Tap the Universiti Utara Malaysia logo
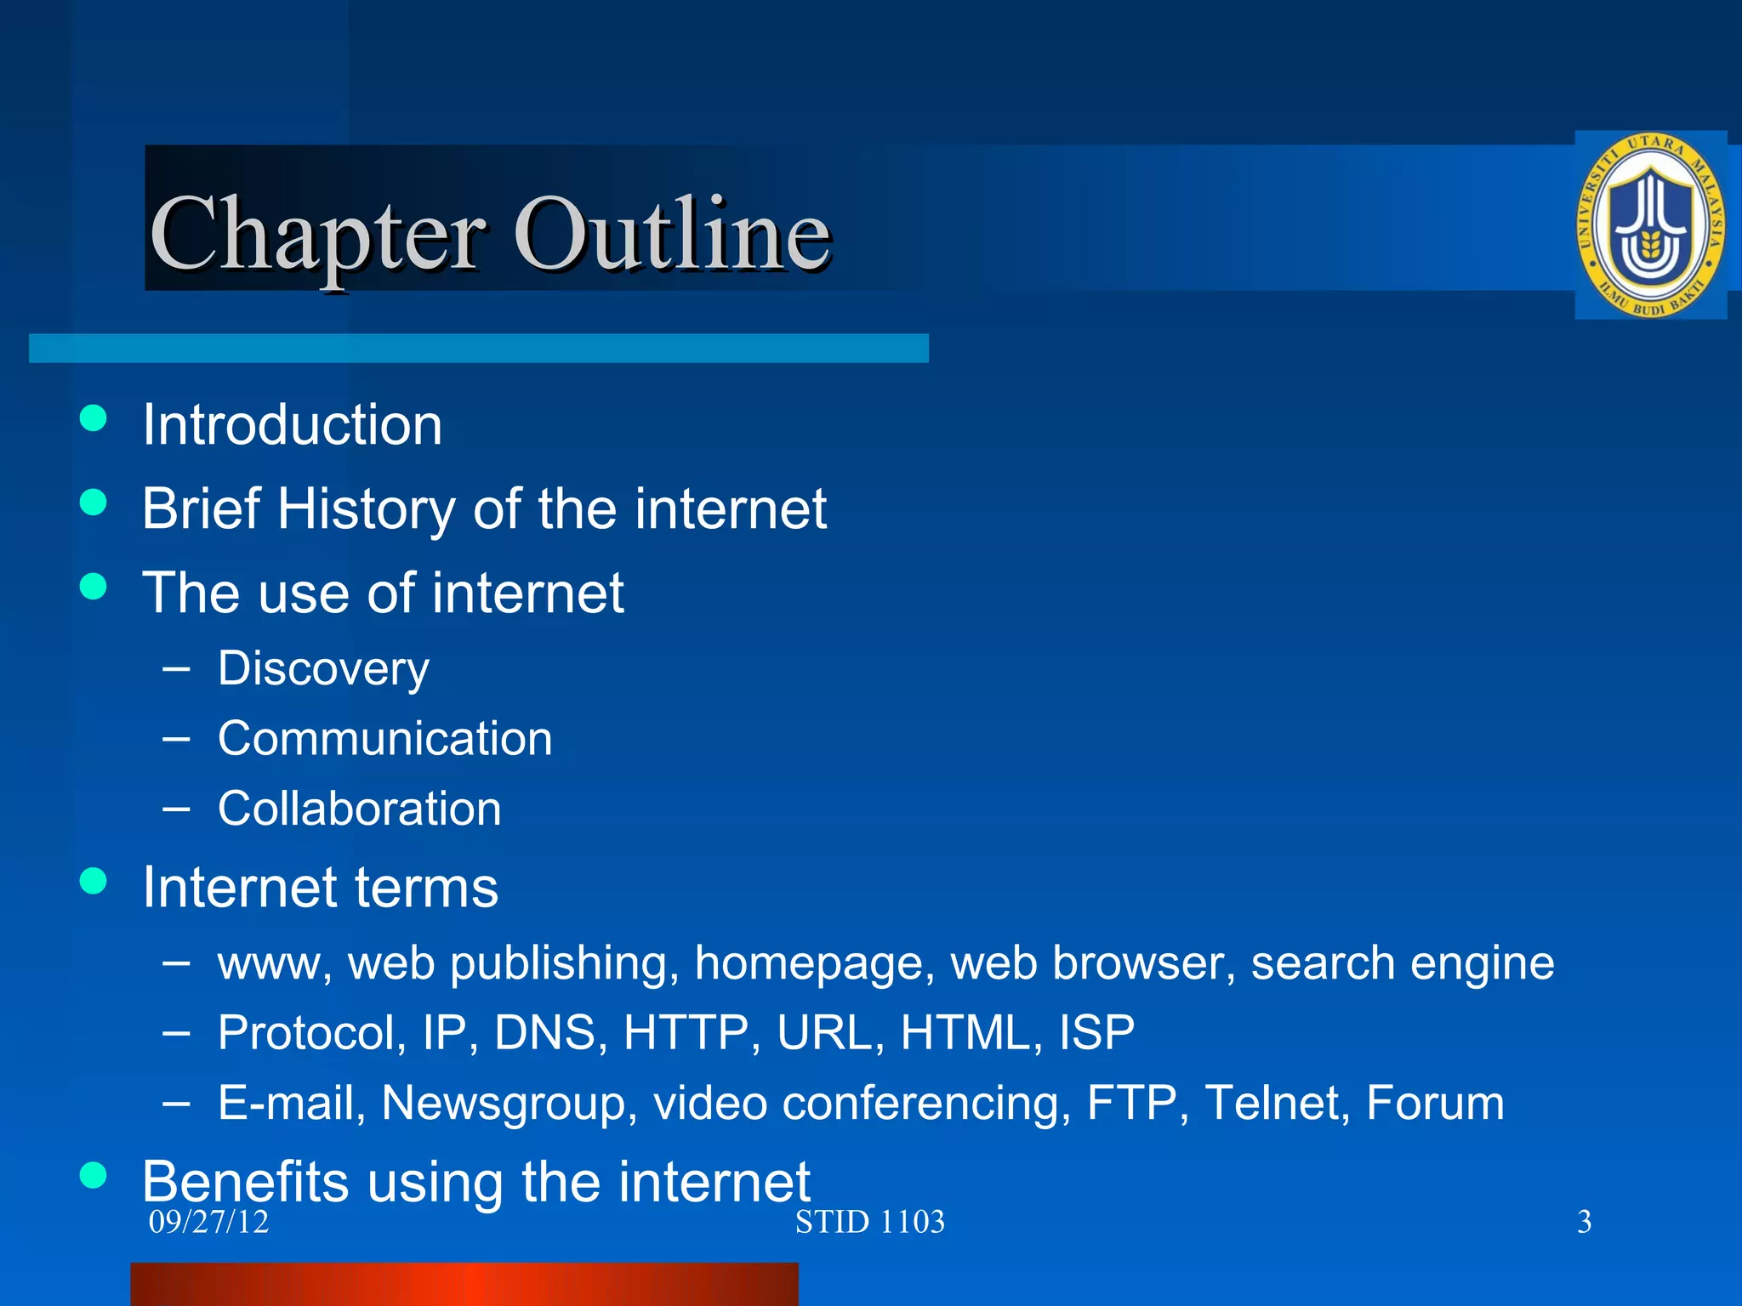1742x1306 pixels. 1650,225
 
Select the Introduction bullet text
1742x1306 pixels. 292,424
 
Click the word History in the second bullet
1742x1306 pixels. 367,508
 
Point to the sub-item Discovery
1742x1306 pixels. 323,668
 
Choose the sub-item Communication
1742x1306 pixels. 384,738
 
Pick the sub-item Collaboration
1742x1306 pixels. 359,808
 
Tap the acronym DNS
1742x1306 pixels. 544,1033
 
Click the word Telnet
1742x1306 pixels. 1278,1103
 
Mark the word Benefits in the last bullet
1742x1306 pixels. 246,1181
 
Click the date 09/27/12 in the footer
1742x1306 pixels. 208,1222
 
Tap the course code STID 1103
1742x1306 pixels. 869,1222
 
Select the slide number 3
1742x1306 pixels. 1584,1222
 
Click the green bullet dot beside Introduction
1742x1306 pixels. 93,418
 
